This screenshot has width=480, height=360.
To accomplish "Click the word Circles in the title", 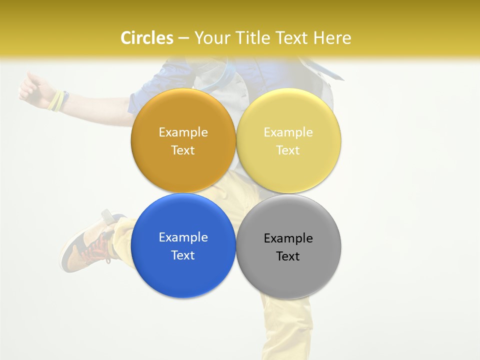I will [x=147, y=38].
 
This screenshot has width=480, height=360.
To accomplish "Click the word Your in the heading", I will [x=212, y=38].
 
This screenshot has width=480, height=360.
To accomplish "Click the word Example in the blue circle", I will [x=183, y=237].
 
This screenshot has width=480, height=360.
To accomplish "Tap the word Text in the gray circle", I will [x=288, y=256].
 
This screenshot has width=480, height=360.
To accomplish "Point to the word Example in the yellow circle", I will [x=288, y=132].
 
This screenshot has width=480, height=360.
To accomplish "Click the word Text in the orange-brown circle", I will [x=183, y=150].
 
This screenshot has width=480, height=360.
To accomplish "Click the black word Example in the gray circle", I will [x=288, y=238].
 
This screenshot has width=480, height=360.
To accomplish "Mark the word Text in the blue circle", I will [x=183, y=255].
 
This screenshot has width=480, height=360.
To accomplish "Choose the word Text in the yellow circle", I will [x=288, y=150].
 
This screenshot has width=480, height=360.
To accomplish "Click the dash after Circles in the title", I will [x=183, y=38].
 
